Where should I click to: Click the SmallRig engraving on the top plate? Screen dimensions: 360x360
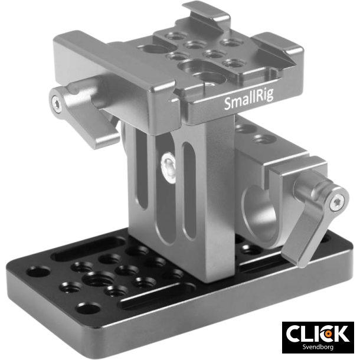(x=248, y=104)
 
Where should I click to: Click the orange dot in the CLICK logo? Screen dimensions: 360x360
(x=326, y=333)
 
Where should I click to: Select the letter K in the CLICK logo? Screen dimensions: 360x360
(x=340, y=333)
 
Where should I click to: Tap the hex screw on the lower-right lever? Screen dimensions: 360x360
(x=336, y=203)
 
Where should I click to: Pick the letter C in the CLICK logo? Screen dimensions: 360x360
(x=296, y=333)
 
